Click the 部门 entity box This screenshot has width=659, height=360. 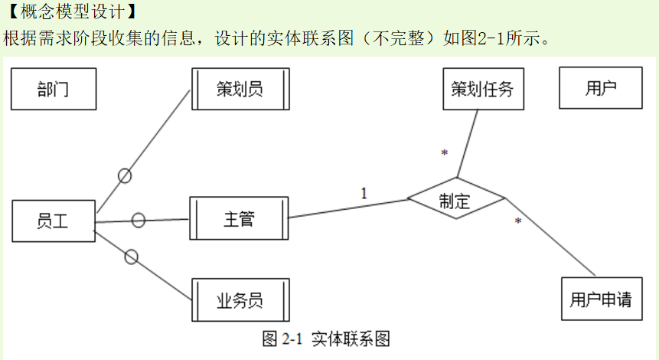point(53,89)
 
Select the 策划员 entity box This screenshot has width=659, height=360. point(240,89)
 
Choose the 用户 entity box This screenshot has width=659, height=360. point(601,89)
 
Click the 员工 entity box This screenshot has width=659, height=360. point(53,221)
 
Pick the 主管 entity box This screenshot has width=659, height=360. point(240,219)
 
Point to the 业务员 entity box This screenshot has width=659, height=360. point(240,299)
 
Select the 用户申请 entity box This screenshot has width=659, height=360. point(601,299)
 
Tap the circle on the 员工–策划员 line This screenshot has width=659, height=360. point(125,175)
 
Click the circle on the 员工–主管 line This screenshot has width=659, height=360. point(139,221)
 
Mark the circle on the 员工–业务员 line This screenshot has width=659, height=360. point(131,257)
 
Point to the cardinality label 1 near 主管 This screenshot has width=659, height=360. point(364,193)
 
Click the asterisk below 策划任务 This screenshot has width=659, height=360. point(444,154)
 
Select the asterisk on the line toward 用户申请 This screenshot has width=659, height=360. point(518,222)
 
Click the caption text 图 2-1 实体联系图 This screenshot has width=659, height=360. point(326,339)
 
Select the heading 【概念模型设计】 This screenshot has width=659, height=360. point(70,11)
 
